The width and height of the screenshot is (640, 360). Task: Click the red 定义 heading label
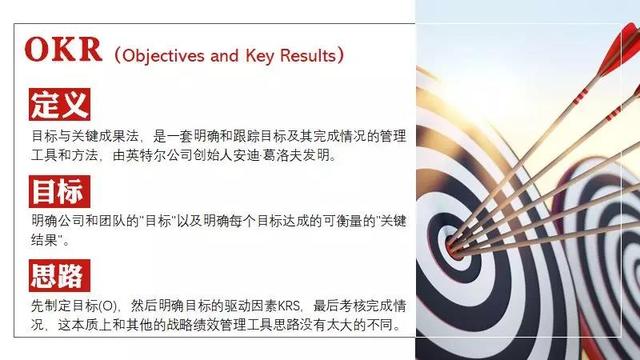click(x=59, y=104)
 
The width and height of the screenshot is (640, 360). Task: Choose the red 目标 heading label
click(x=59, y=189)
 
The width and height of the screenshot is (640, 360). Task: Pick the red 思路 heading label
click(x=59, y=274)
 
